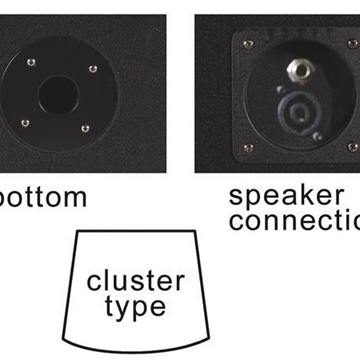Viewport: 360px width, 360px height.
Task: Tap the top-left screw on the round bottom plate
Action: [x=32, y=62]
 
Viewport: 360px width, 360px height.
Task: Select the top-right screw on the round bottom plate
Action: [x=93, y=69]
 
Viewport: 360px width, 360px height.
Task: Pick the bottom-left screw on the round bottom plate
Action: [x=25, y=122]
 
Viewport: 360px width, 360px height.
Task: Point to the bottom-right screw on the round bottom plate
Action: [x=86, y=128]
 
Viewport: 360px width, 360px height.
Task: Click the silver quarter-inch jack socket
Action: [x=297, y=70]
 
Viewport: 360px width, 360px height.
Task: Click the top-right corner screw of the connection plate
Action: [x=351, y=44]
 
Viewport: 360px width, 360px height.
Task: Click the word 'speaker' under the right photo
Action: [x=285, y=196]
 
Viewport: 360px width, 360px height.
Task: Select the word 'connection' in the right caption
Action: [x=294, y=221]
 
